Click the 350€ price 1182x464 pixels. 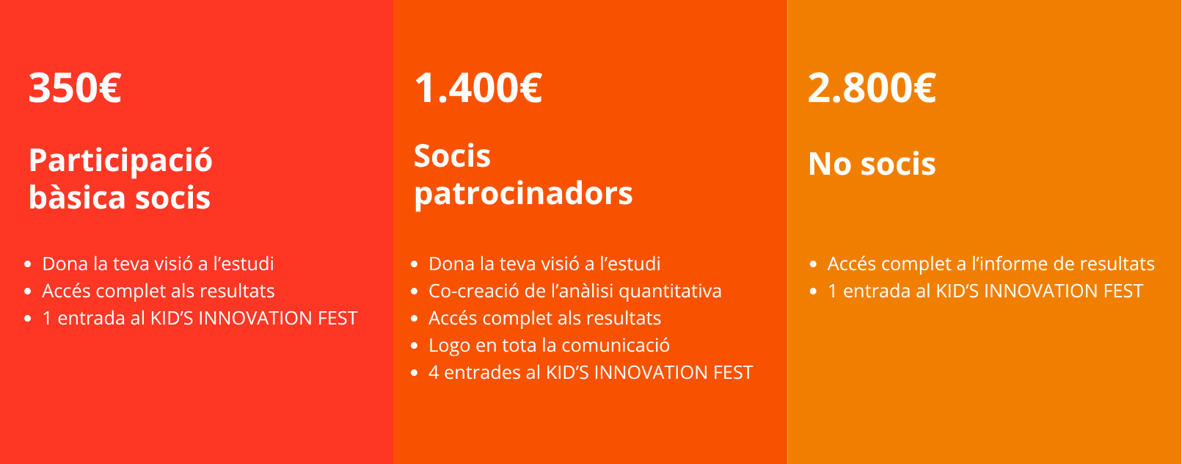[x=75, y=87]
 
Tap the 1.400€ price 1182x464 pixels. [x=478, y=87]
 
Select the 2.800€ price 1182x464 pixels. [x=872, y=87]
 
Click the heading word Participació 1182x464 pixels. [x=120, y=161]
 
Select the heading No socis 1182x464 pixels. [x=872, y=163]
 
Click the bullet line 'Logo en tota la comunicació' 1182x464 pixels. [x=549, y=345]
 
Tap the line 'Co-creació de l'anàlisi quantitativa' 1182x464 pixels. [x=574, y=291]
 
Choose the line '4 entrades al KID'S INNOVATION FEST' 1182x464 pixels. [x=591, y=373]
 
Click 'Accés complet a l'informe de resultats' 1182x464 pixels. [x=991, y=264]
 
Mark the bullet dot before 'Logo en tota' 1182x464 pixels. [x=415, y=347]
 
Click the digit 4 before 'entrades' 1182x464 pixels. [x=434, y=373]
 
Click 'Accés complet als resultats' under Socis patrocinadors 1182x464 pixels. [x=544, y=319]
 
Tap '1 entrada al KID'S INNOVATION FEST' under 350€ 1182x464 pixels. [x=200, y=319]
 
